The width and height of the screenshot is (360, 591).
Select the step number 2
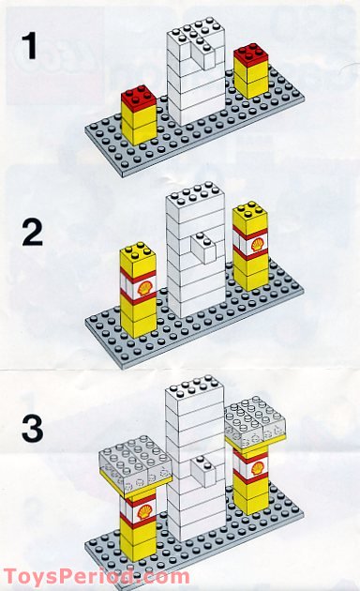pyautogui.click(x=32, y=232)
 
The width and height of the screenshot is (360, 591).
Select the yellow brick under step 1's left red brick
pyautogui.click(x=138, y=127)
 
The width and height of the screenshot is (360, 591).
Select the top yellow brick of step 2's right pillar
pyautogui.click(x=250, y=218)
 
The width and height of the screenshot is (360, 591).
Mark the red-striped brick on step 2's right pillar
pyautogui.click(x=250, y=245)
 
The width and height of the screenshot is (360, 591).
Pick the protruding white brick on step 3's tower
pyautogui.click(x=202, y=466)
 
